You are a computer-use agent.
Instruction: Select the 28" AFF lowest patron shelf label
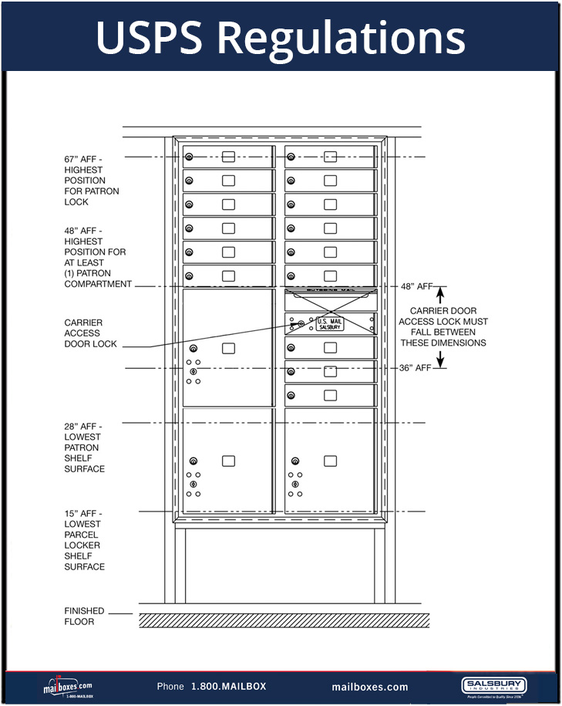[x=85, y=448]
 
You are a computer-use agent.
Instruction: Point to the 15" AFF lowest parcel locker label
[x=85, y=540]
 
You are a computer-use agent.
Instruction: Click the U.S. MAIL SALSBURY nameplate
[x=331, y=325]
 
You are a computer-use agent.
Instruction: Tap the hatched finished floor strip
[x=283, y=620]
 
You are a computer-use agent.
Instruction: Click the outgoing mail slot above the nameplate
[x=331, y=291]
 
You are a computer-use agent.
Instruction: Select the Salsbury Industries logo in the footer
[x=493, y=686]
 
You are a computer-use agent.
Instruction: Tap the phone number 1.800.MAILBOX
[x=228, y=687]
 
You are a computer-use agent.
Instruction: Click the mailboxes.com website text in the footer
[x=370, y=687]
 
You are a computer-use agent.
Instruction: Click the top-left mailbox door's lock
[x=189, y=157]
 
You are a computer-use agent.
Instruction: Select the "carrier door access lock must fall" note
[x=454, y=327]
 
